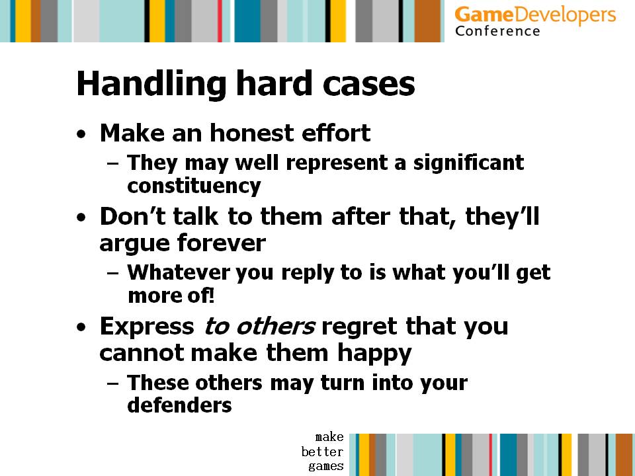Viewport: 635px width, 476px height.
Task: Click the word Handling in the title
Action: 151,84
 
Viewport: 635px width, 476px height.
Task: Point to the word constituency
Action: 194,186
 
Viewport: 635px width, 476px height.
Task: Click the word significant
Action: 468,163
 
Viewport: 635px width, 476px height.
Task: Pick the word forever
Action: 222,243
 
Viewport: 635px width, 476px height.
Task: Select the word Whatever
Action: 179,272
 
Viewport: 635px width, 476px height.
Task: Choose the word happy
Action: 374,354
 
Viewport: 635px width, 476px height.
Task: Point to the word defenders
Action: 179,405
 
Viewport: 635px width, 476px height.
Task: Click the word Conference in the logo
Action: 497,31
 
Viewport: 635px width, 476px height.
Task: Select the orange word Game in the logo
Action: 484,15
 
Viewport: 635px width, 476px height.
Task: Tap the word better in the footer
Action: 322,452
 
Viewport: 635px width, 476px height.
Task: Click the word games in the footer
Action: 326,466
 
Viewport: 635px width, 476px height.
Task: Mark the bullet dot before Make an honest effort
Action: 81,134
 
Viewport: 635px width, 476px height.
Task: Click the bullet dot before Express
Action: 81,327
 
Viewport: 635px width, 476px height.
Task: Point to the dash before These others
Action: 113,383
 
